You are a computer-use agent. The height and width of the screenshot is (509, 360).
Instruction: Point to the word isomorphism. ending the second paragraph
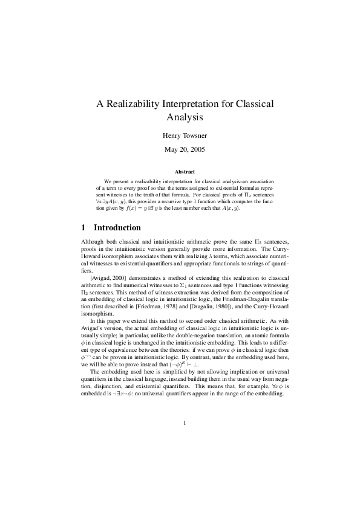tap(97, 314)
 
